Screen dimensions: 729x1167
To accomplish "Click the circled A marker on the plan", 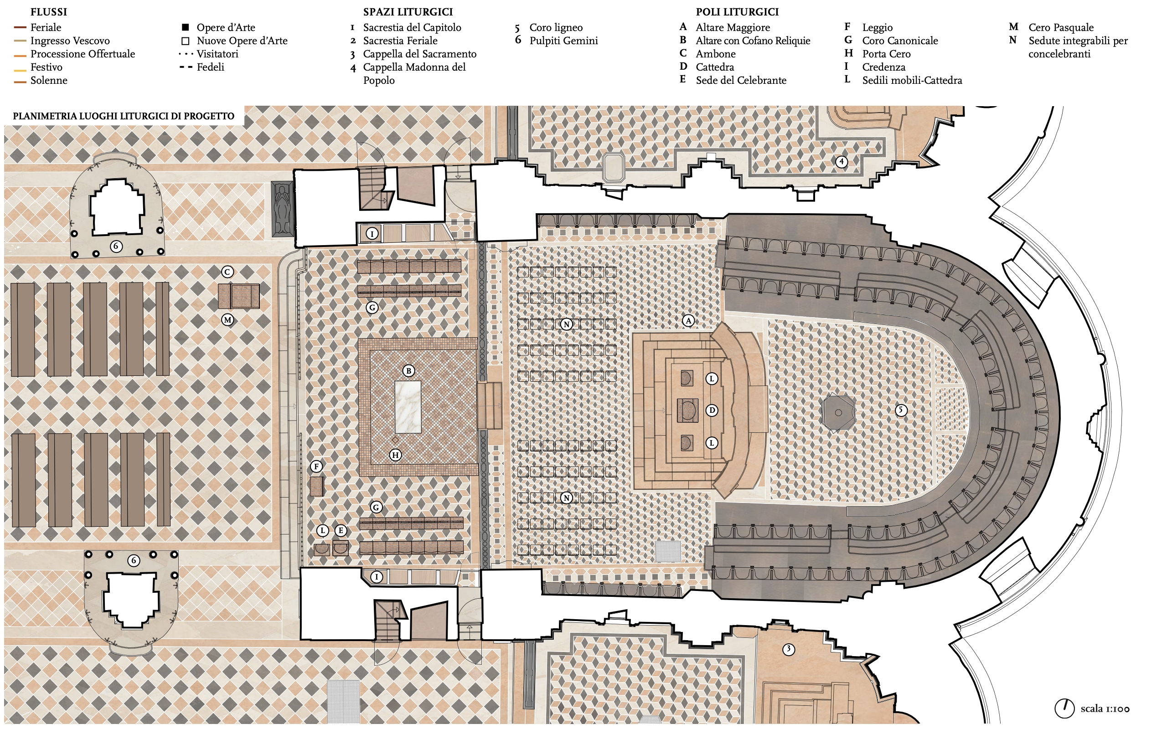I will [x=688, y=321].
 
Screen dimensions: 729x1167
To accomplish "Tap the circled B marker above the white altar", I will [x=408, y=371].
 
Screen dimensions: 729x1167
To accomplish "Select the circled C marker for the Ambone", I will [x=227, y=272].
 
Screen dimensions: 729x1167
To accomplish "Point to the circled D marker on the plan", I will [x=712, y=411].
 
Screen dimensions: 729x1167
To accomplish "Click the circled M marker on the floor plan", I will [x=227, y=319].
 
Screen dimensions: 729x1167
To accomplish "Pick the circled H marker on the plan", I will [x=395, y=455].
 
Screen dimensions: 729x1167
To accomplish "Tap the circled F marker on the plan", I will [x=316, y=466].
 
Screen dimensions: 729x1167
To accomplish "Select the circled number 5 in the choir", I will [x=901, y=411].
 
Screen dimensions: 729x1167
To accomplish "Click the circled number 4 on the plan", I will [x=842, y=161].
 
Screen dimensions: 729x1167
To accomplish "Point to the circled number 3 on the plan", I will [x=789, y=649].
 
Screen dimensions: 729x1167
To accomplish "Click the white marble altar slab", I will [x=408, y=406].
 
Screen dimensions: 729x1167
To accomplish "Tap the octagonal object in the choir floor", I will [x=838, y=412].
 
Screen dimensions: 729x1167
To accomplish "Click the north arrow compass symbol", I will [x=1064, y=708].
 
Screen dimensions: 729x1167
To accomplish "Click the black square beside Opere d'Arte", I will [x=185, y=27].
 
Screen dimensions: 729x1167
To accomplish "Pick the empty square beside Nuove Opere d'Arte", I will [x=185, y=41].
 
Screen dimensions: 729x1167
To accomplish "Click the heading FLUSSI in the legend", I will [x=49, y=12].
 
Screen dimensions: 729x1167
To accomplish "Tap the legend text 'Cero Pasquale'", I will [x=1061, y=27].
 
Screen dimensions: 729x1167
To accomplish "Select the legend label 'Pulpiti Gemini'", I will [x=563, y=41].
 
